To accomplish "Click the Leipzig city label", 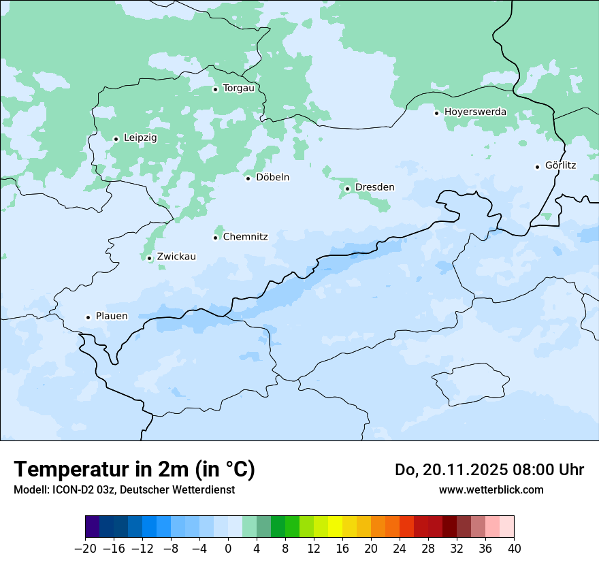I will [x=140, y=138].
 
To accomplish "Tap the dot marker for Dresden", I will [x=347, y=189].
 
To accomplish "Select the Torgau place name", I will [x=238, y=88].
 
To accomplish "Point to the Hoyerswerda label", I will [x=475, y=112].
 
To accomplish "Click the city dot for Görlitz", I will [x=537, y=167].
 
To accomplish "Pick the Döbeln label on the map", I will [x=272, y=178].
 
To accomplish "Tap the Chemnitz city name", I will [x=245, y=238].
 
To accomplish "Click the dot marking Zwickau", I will [x=149, y=258].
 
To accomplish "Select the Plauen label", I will [x=112, y=317].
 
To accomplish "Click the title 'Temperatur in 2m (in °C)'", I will [x=134, y=470].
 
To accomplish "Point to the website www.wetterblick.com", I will [x=491, y=490].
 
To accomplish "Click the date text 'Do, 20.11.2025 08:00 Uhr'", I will [x=489, y=470].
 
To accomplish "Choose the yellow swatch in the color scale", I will [x=335, y=527].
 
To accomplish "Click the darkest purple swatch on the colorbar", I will [x=93, y=527].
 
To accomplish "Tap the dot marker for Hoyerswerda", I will [x=436, y=113].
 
